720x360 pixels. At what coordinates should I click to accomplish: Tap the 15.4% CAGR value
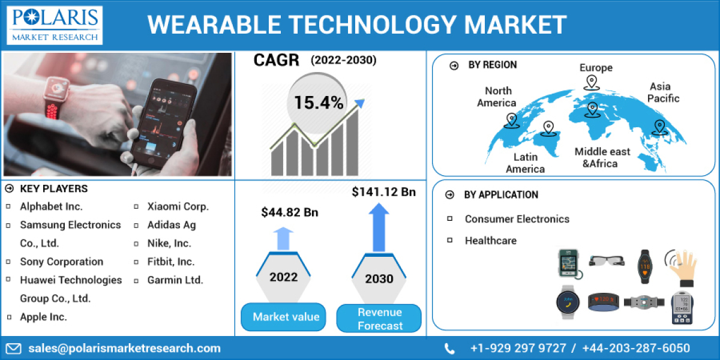tap(319, 103)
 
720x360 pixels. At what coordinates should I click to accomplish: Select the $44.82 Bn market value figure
tap(289, 212)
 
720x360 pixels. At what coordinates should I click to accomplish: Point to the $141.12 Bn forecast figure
tap(383, 192)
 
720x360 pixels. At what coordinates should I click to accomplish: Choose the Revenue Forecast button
tap(379, 319)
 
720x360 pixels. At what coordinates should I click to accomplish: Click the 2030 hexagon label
tap(379, 278)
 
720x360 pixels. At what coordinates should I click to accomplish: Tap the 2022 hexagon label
tap(283, 277)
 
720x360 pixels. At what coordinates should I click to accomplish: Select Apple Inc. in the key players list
tap(43, 317)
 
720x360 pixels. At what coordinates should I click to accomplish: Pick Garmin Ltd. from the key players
tap(175, 280)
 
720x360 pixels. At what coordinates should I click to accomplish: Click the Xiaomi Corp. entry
tap(178, 206)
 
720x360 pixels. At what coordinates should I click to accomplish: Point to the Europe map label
tap(596, 67)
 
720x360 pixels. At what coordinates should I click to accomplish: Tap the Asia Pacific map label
tap(663, 92)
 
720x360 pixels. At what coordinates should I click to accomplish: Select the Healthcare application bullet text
tap(490, 241)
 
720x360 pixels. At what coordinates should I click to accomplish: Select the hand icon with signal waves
tap(682, 266)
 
